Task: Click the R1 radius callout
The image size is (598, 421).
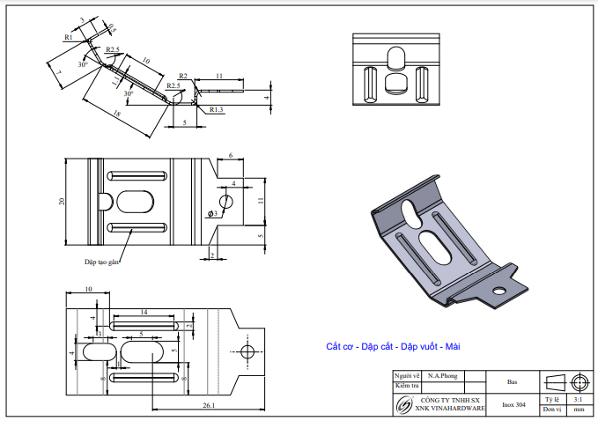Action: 68,38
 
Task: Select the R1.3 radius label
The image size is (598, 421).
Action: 217,109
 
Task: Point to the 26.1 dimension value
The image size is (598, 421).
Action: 208,406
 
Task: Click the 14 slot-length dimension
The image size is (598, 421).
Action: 144,312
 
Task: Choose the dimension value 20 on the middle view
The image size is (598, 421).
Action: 62,202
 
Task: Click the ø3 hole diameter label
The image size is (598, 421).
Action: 212,213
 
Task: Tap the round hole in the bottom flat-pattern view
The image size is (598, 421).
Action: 247,352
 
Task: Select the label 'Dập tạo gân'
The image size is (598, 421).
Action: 101,262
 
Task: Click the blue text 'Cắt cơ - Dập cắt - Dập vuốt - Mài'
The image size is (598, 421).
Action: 394,346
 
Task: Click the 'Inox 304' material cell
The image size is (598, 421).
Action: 514,405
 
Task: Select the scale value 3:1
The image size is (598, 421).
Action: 577,399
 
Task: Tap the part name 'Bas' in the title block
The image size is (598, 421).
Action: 512,383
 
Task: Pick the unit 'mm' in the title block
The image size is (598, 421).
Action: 578,410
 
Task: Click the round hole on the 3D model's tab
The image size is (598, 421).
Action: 499,288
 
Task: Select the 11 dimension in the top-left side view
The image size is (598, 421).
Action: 217,77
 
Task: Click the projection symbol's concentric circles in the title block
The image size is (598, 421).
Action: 579,382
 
